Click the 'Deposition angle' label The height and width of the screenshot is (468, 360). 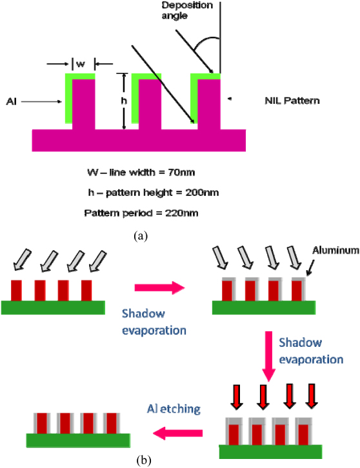pyautogui.click(x=187, y=10)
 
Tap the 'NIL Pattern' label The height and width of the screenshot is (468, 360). pyautogui.click(x=292, y=101)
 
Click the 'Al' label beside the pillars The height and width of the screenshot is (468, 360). pyautogui.click(x=12, y=102)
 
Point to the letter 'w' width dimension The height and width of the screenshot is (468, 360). pyautogui.click(x=81, y=64)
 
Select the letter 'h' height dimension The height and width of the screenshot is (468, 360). pyautogui.click(x=124, y=101)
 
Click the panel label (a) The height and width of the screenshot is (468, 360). pyautogui.click(x=141, y=236)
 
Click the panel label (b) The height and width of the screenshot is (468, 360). pyautogui.click(x=144, y=460)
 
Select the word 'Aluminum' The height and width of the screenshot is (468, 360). pyautogui.click(x=335, y=250)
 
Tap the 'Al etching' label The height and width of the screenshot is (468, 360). pyautogui.click(x=174, y=409)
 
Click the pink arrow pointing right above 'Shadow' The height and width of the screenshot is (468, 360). pyautogui.click(x=160, y=288)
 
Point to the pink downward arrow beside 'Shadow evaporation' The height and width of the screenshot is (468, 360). pyautogui.click(x=268, y=356)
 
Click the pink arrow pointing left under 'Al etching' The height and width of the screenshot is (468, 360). pyautogui.click(x=178, y=433)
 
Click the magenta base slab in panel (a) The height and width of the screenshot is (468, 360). pyautogui.click(x=139, y=141)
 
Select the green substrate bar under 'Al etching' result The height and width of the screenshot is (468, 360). pyautogui.click(x=78, y=440)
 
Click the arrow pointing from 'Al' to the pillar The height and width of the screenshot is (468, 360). pyautogui.click(x=41, y=102)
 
